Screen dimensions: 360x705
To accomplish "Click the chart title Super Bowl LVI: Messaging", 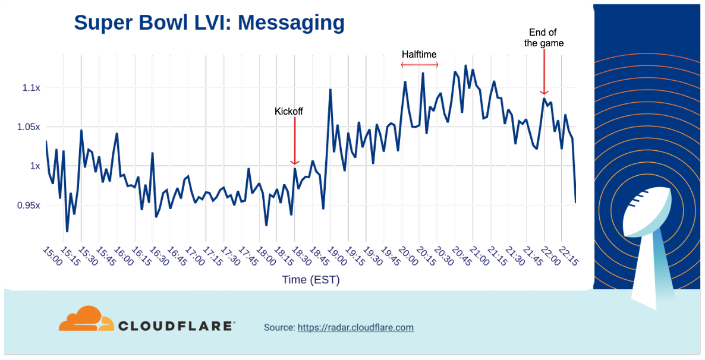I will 209,23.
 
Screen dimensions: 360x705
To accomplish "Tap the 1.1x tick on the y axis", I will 31,88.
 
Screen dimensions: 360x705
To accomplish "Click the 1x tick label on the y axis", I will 34,166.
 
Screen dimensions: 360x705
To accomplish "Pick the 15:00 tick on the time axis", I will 52,258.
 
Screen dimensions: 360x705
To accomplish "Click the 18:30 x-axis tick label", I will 301,258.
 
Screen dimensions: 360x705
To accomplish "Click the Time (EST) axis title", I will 311,280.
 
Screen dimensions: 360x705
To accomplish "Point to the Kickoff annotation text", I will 289,111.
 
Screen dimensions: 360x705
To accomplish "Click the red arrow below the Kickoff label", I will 294,140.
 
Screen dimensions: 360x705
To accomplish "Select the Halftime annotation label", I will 419,54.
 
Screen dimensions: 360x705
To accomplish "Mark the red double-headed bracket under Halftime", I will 419,65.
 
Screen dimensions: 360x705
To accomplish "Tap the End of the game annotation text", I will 543,38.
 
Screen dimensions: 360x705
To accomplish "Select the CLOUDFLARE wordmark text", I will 176,326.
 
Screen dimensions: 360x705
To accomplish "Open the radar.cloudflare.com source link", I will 355,327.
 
